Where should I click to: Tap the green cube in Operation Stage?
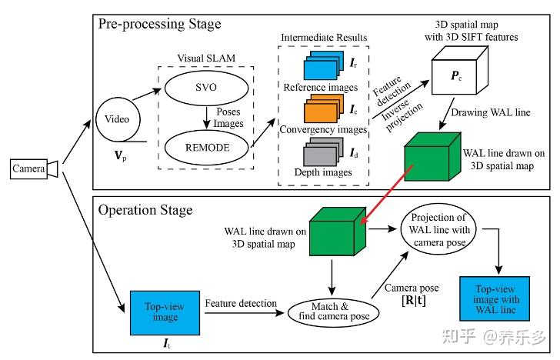(x=332, y=233)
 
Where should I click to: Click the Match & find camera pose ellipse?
(x=330, y=311)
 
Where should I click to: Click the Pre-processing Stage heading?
(x=159, y=23)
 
